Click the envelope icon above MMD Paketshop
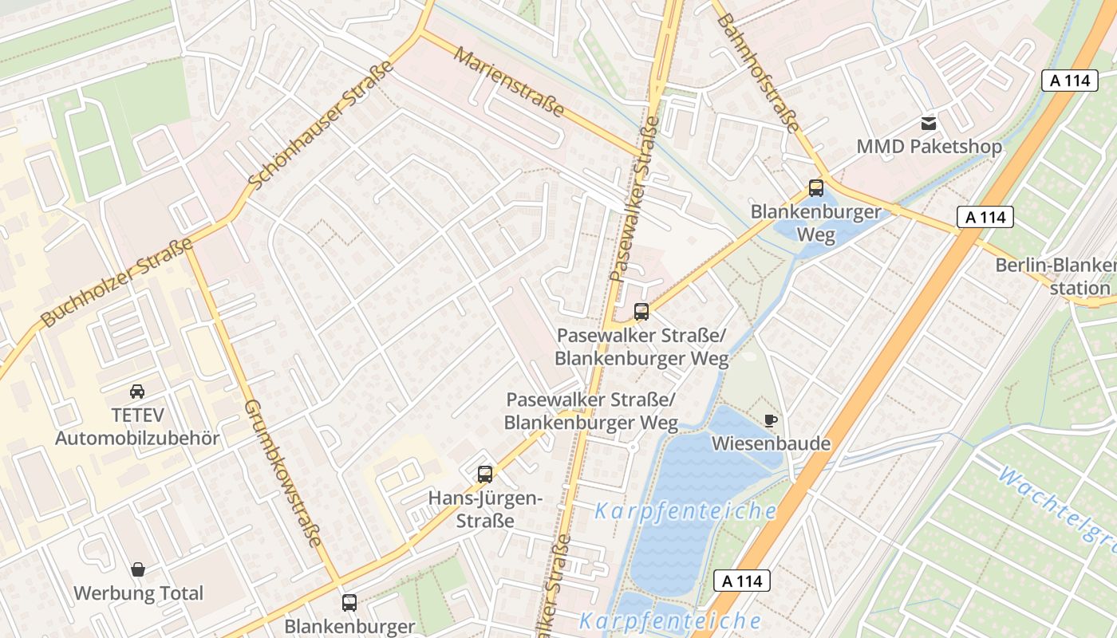point(929,124)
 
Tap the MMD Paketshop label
point(929,148)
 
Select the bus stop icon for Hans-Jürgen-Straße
point(484,475)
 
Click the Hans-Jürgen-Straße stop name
point(485,510)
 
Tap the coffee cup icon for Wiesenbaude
point(770,419)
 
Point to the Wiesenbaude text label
point(771,443)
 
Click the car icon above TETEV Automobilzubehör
point(137,392)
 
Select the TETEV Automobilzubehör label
point(137,427)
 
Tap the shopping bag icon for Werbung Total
point(138,569)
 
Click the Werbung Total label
point(138,593)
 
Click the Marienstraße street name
point(509,81)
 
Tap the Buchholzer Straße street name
point(116,283)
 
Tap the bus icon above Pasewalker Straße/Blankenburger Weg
point(641,312)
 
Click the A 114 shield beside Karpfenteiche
point(742,581)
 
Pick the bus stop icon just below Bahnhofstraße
point(815,188)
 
